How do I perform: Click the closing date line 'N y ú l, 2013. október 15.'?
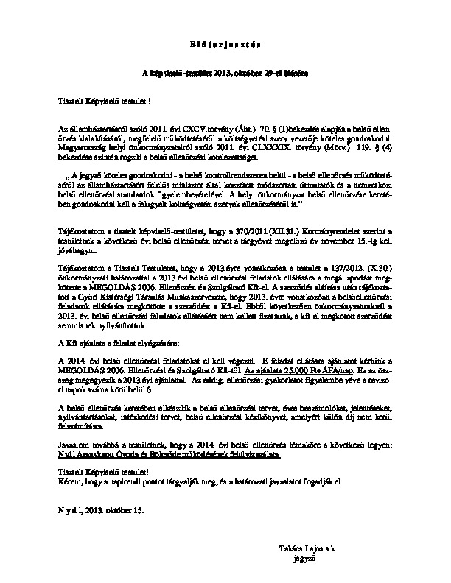(105, 508)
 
